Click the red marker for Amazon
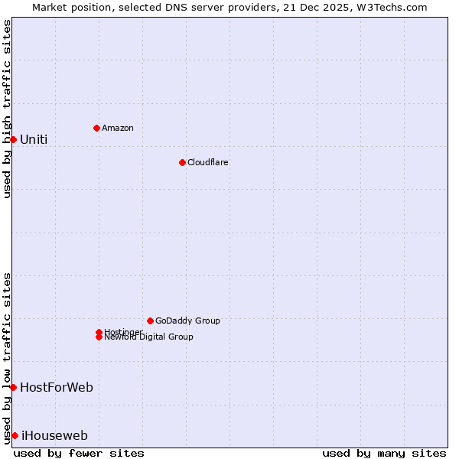[x=96, y=128]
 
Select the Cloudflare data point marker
[x=182, y=162]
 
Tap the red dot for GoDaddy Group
[x=150, y=321]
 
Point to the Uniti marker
[x=13, y=139]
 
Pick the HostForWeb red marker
[x=13, y=387]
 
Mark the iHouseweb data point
[x=15, y=435]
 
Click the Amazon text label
[x=117, y=128]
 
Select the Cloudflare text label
[x=207, y=162]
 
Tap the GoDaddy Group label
[x=187, y=321]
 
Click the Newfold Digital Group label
[x=148, y=337]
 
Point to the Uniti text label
[x=34, y=139]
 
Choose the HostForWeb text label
[x=57, y=387]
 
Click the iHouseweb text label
[x=54, y=436]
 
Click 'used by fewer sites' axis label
[x=79, y=453]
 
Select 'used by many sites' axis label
[x=384, y=453]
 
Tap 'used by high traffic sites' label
[x=7, y=109]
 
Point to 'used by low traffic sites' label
[x=7, y=357]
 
